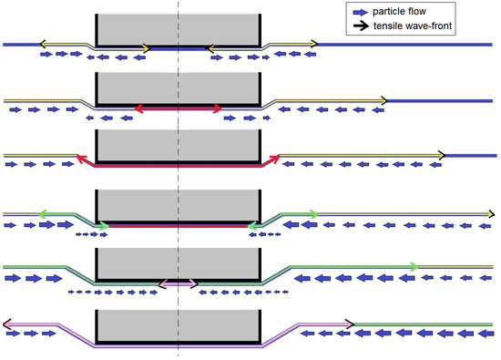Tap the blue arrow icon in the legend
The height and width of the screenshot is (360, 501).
tap(361, 12)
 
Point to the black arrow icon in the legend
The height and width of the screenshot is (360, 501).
tap(361, 26)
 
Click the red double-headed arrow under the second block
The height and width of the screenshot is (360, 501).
tap(179, 108)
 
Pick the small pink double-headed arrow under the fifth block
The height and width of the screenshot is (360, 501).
tap(179, 284)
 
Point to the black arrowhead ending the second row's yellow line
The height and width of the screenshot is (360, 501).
tap(385, 99)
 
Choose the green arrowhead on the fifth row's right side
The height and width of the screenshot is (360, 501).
tap(414, 266)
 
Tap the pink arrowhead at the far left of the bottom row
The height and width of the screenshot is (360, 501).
tap(7, 323)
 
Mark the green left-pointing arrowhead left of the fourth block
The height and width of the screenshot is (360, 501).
tap(44, 213)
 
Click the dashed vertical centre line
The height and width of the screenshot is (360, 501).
tap(179, 182)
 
